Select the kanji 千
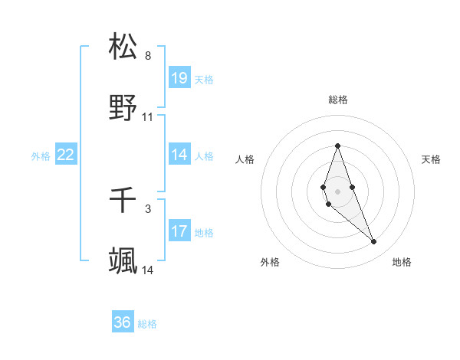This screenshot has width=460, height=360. point(123,201)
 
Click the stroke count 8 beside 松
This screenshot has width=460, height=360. point(148,56)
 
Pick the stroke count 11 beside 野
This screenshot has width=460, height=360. point(148,117)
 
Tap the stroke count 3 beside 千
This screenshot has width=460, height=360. point(148,208)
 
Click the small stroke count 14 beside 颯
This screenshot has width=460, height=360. point(148,270)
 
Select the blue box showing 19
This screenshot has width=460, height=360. point(179,78)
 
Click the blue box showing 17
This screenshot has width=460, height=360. point(179,231)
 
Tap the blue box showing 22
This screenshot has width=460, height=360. point(66,155)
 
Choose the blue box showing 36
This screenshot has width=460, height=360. point(123,322)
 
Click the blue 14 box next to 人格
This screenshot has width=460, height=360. point(179,155)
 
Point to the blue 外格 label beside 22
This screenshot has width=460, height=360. point(41,156)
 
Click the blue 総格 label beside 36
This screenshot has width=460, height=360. point(147,324)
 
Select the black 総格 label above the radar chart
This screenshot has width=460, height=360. point(337,100)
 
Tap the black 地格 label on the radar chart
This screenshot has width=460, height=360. point(402,262)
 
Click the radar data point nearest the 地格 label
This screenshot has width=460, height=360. point(373,242)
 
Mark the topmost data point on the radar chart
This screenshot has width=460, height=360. point(337,146)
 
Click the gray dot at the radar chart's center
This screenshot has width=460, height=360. point(337,191)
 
